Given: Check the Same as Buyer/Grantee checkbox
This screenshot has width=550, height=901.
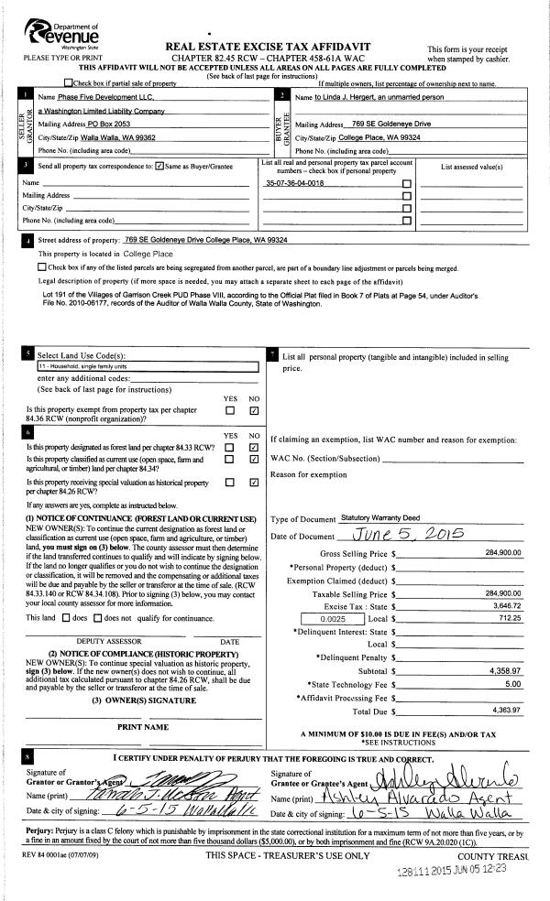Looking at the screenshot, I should coord(160,166).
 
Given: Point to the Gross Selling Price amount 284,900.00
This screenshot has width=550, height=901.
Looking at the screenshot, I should coord(502,553).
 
